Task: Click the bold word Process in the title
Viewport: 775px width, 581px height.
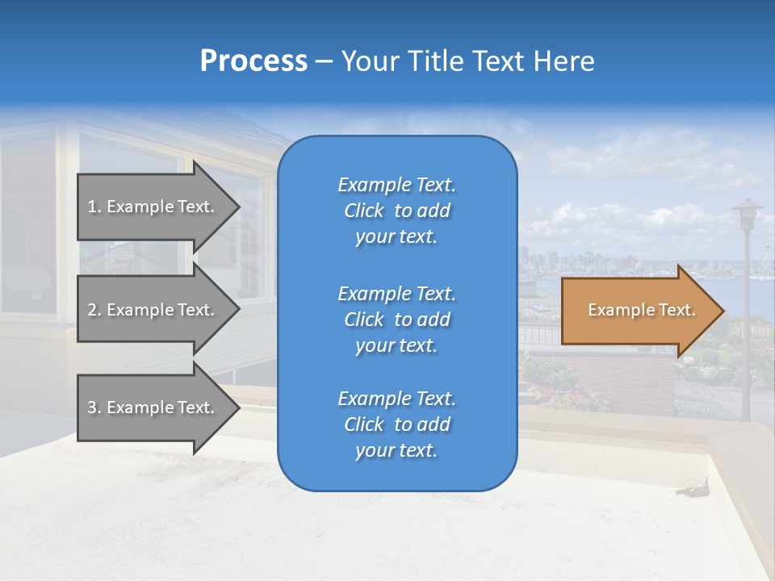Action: [x=253, y=61]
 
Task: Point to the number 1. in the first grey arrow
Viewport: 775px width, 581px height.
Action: [x=94, y=207]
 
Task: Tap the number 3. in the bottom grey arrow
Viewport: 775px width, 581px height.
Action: [x=94, y=408]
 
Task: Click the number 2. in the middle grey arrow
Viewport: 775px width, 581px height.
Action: [x=94, y=310]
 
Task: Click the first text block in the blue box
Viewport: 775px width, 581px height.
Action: [x=396, y=211]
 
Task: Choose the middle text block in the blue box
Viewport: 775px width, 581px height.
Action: [x=396, y=319]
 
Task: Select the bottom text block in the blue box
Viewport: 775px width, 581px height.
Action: [x=396, y=424]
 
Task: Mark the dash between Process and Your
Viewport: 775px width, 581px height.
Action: [x=324, y=62]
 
